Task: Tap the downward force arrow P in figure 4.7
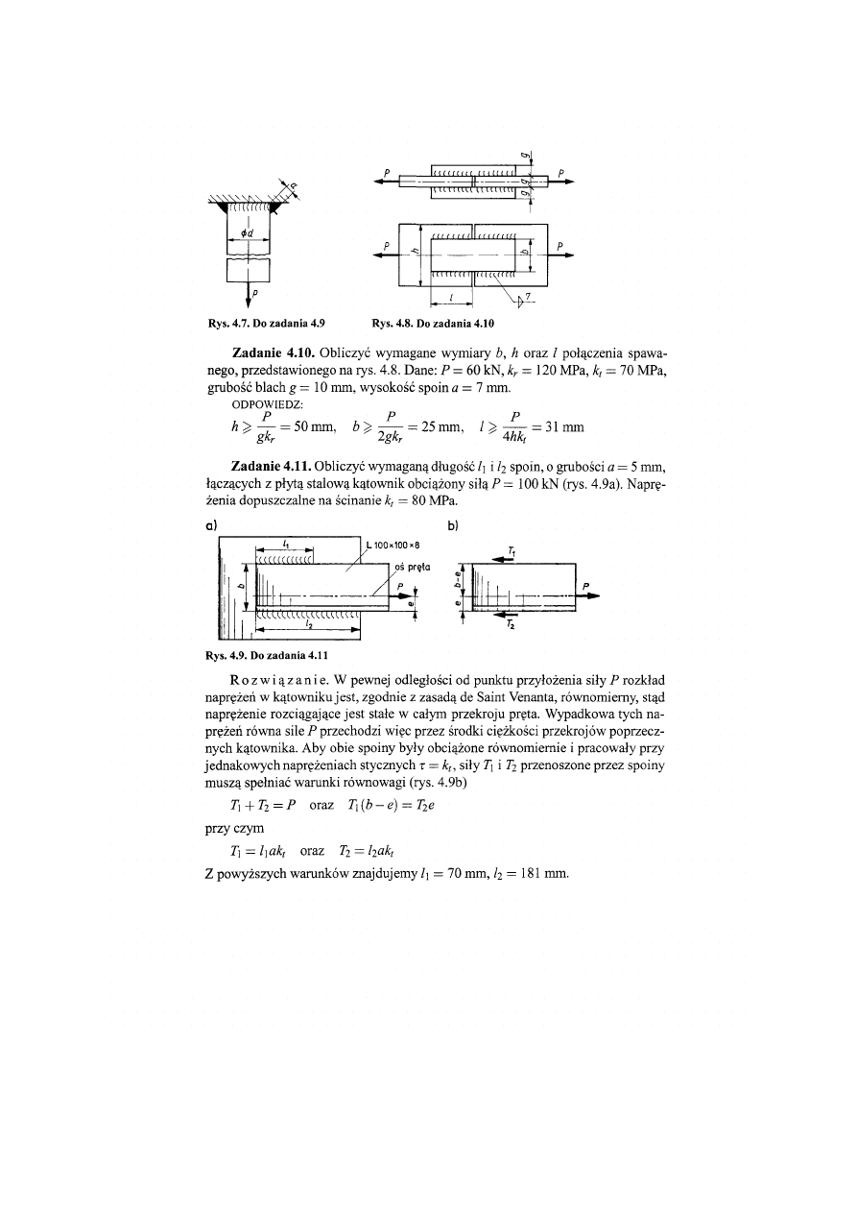[x=249, y=292]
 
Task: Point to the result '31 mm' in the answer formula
[x=566, y=426]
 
